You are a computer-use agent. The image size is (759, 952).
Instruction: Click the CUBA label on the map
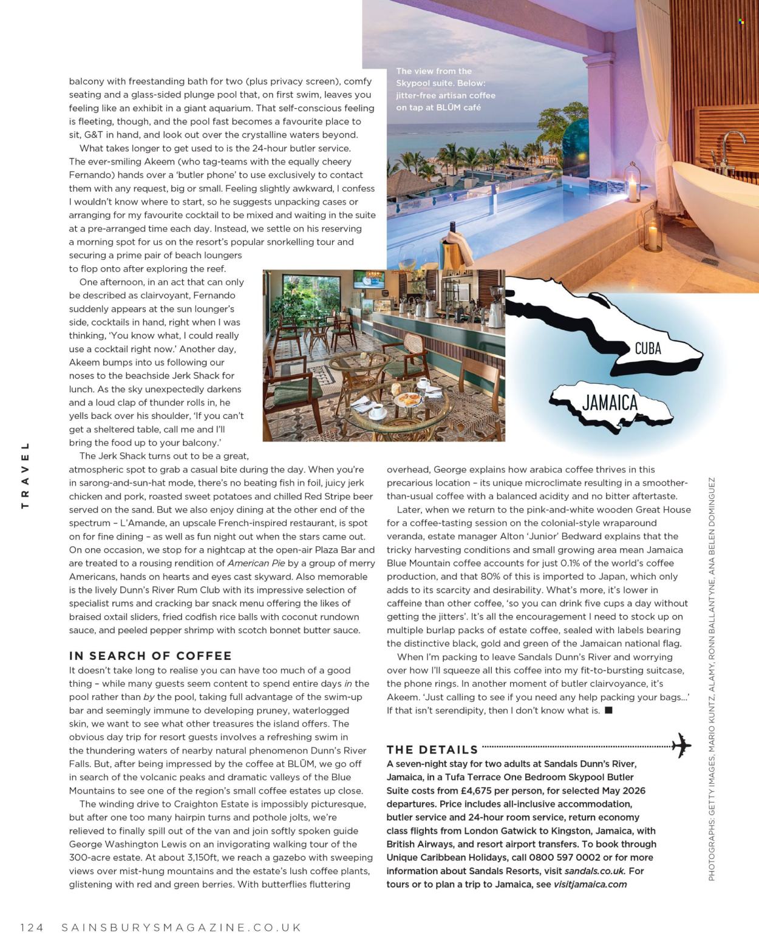(647, 348)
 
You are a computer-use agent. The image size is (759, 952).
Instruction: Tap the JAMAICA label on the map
(610, 403)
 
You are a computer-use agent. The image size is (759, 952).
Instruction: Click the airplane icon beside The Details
(681, 745)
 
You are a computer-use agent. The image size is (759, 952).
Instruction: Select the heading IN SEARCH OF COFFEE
(150, 656)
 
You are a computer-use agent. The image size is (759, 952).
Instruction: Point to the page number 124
(32, 927)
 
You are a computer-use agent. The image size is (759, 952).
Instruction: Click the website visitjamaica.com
(590, 884)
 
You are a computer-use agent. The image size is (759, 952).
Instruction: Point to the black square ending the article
(608, 710)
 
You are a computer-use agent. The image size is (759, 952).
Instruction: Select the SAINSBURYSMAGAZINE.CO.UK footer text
(182, 927)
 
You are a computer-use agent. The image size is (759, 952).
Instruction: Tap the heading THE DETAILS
(432, 750)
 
